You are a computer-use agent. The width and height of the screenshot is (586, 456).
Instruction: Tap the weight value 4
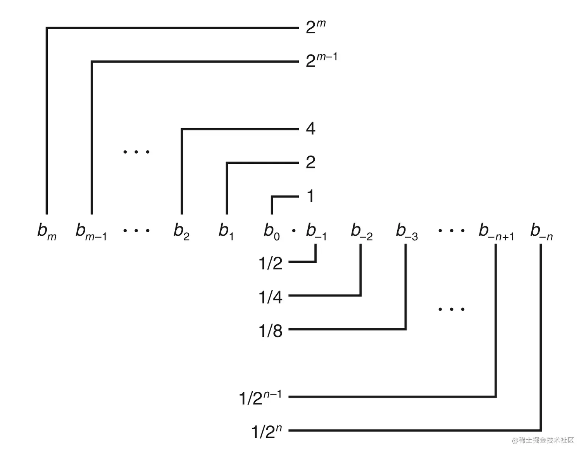point(310,129)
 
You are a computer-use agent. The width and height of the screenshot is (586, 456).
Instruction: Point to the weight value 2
point(310,163)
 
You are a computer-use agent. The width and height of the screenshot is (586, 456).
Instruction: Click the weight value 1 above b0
point(310,196)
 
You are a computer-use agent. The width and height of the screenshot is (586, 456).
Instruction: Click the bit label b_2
point(181,231)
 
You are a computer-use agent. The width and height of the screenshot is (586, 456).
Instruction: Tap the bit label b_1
point(226,231)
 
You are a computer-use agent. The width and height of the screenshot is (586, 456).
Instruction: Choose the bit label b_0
point(272,231)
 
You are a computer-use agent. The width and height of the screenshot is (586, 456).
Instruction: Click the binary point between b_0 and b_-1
point(294,231)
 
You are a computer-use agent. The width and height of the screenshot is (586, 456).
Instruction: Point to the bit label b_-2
point(362,231)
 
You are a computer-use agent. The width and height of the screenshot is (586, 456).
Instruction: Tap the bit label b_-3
point(407,231)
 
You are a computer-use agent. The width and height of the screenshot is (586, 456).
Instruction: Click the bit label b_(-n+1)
point(496,231)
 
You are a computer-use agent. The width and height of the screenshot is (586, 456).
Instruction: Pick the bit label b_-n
point(541,231)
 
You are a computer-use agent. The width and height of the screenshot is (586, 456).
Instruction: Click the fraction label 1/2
point(271,263)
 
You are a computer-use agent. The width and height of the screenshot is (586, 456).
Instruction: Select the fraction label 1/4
point(271,297)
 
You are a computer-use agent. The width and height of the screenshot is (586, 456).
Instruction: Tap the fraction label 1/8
point(271,331)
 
